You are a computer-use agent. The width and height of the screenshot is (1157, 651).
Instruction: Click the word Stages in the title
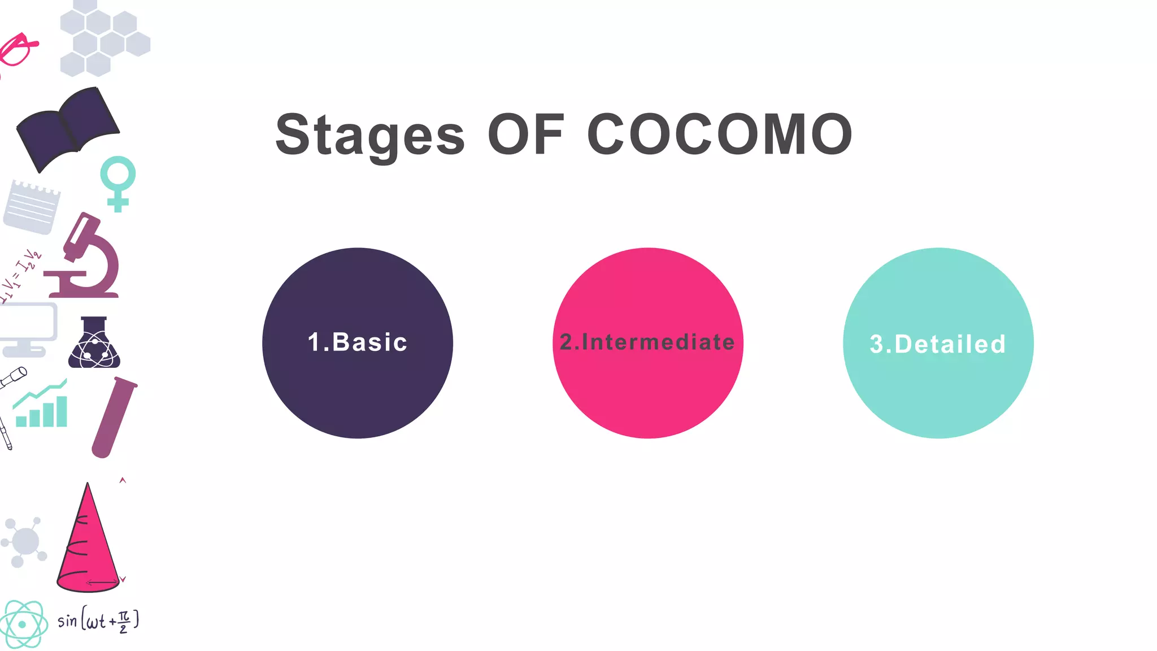[370, 136]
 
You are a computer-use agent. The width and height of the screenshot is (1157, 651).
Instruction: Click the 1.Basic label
[358, 342]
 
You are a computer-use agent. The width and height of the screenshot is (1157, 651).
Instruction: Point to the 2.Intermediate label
[647, 342]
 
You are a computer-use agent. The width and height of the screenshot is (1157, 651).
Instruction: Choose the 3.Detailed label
[938, 344]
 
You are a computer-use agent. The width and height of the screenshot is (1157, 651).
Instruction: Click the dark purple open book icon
[68, 128]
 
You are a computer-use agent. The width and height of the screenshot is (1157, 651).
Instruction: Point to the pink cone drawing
[88, 542]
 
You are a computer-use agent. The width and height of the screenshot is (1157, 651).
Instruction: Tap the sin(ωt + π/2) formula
[98, 620]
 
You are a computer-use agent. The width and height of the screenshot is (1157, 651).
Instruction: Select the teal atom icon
[23, 624]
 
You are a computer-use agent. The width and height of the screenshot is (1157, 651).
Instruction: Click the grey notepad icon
[32, 207]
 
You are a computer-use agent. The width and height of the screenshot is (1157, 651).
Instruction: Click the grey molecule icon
[24, 542]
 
